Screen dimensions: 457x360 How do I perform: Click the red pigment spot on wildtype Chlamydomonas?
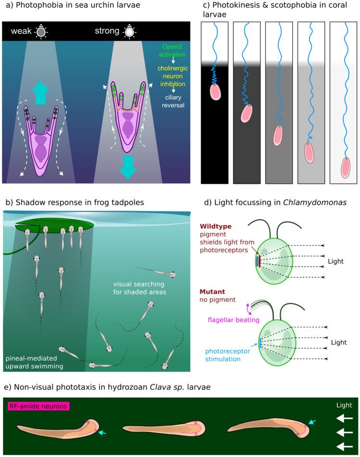(260, 261)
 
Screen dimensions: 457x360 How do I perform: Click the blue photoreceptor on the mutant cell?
(260, 343)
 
